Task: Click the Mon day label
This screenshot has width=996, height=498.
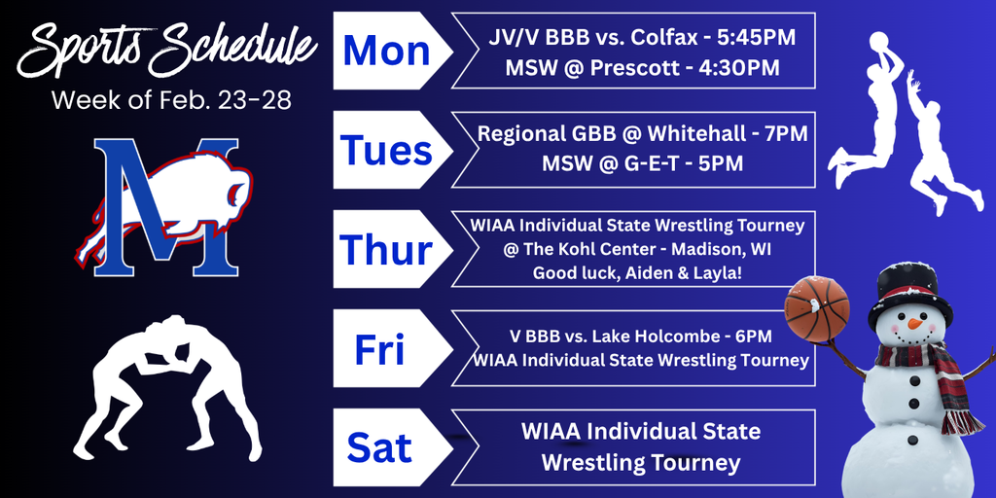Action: [x=386, y=52]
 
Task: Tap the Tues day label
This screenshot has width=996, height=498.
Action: [x=386, y=151]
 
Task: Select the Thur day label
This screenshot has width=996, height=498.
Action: [x=386, y=250]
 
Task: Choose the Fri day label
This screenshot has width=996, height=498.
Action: [x=379, y=349]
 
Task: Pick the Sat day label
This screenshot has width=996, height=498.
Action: [x=379, y=448]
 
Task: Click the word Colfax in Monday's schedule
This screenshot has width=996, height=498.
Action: [x=661, y=39]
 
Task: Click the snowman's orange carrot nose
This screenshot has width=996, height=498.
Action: [x=915, y=322]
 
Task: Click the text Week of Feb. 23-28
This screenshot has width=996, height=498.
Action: [x=170, y=99]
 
